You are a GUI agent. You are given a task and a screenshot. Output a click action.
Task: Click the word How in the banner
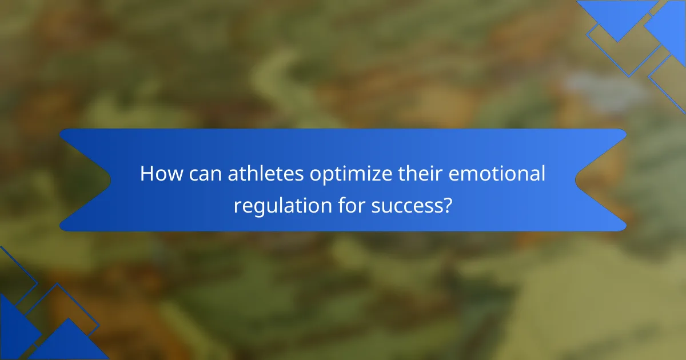(x=161, y=173)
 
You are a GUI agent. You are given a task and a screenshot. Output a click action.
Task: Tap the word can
(x=205, y=175)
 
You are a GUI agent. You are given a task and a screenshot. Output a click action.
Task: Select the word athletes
(x=266, y=173)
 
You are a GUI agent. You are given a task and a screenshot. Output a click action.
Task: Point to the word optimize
(x=351, y=175)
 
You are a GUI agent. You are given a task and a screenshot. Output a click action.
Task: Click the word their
(x=420, y=173)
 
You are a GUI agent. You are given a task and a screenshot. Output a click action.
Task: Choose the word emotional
(x=497, y=173)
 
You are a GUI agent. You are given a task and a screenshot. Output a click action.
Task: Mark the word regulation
(x=282, y=207)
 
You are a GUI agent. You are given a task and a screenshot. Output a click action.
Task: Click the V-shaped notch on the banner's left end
(x=110, y=179)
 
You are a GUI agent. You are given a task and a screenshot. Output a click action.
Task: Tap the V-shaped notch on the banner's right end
(x=576, y=179)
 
